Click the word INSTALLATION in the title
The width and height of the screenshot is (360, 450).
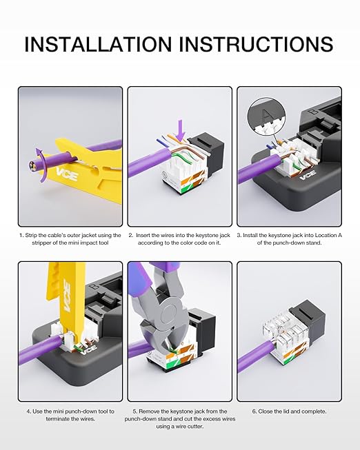[98, 44]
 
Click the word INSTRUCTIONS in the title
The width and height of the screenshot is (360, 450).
[256, 44]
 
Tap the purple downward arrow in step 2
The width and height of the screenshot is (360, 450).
[181, 131]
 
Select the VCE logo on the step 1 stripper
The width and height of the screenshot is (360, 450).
[67, 174]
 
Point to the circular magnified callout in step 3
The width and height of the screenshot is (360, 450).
[267, 116]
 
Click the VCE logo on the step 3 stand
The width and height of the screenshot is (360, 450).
[308, 174]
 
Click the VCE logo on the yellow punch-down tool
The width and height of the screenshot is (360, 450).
[67, 296]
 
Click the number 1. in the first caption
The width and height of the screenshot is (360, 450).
[21, 235]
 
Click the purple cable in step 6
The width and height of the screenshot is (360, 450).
[255, 354]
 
